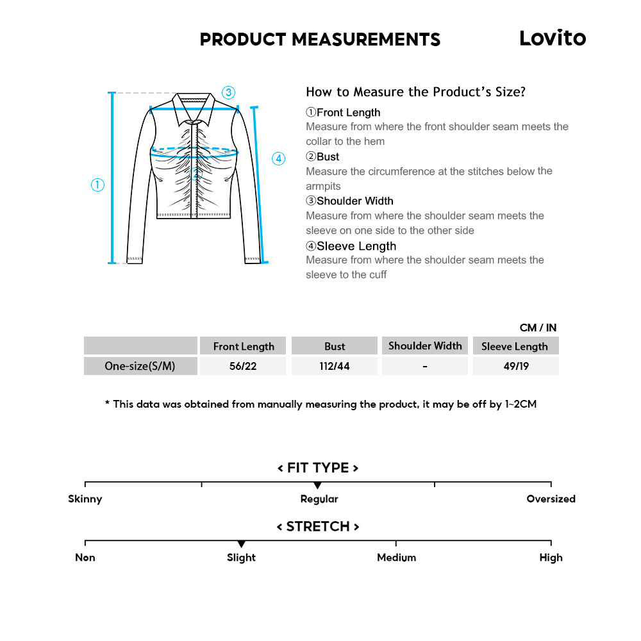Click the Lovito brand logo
pos(552,38)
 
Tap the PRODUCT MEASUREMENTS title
pos(320,40)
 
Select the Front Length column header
pos(244,346)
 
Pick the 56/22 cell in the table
pos(244,367)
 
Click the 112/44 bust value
pos(335,367)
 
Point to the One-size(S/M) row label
pos(140,367)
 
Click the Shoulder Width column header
pos(425,346)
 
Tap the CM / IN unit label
pos(538,328)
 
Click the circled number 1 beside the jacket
pos(97,185)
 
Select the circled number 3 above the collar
pos(229,92)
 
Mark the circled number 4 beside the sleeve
pos(278,159)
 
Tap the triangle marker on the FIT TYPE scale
pos(317,486)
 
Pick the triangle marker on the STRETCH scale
pos(241,544)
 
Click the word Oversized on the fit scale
pos(551,499)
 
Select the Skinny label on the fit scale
pos(85,499)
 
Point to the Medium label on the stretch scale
pos(396,558)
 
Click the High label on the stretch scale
pos(551,558)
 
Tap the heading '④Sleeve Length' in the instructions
pos(351,246)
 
